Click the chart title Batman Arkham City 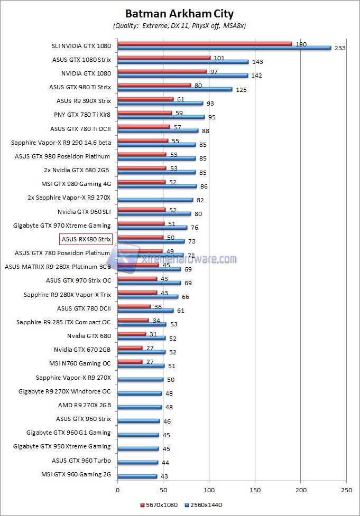point(179,14)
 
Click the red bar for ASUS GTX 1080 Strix point(164,58)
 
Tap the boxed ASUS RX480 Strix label point(86,239)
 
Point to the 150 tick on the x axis point(255,490)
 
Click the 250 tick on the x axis point(346,490)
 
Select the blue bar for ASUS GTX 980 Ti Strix point(174,89)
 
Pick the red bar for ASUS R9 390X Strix point(145,99)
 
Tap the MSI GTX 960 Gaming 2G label point(76,474)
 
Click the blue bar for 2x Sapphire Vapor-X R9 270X point(155,200)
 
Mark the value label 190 point(301,44)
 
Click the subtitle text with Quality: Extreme point(179,25)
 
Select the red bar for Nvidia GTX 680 point(132,334)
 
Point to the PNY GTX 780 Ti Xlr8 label point(82,113)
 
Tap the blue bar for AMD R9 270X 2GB point(140,407)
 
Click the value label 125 point(241,89)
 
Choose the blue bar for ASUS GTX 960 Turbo point(137,462)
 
